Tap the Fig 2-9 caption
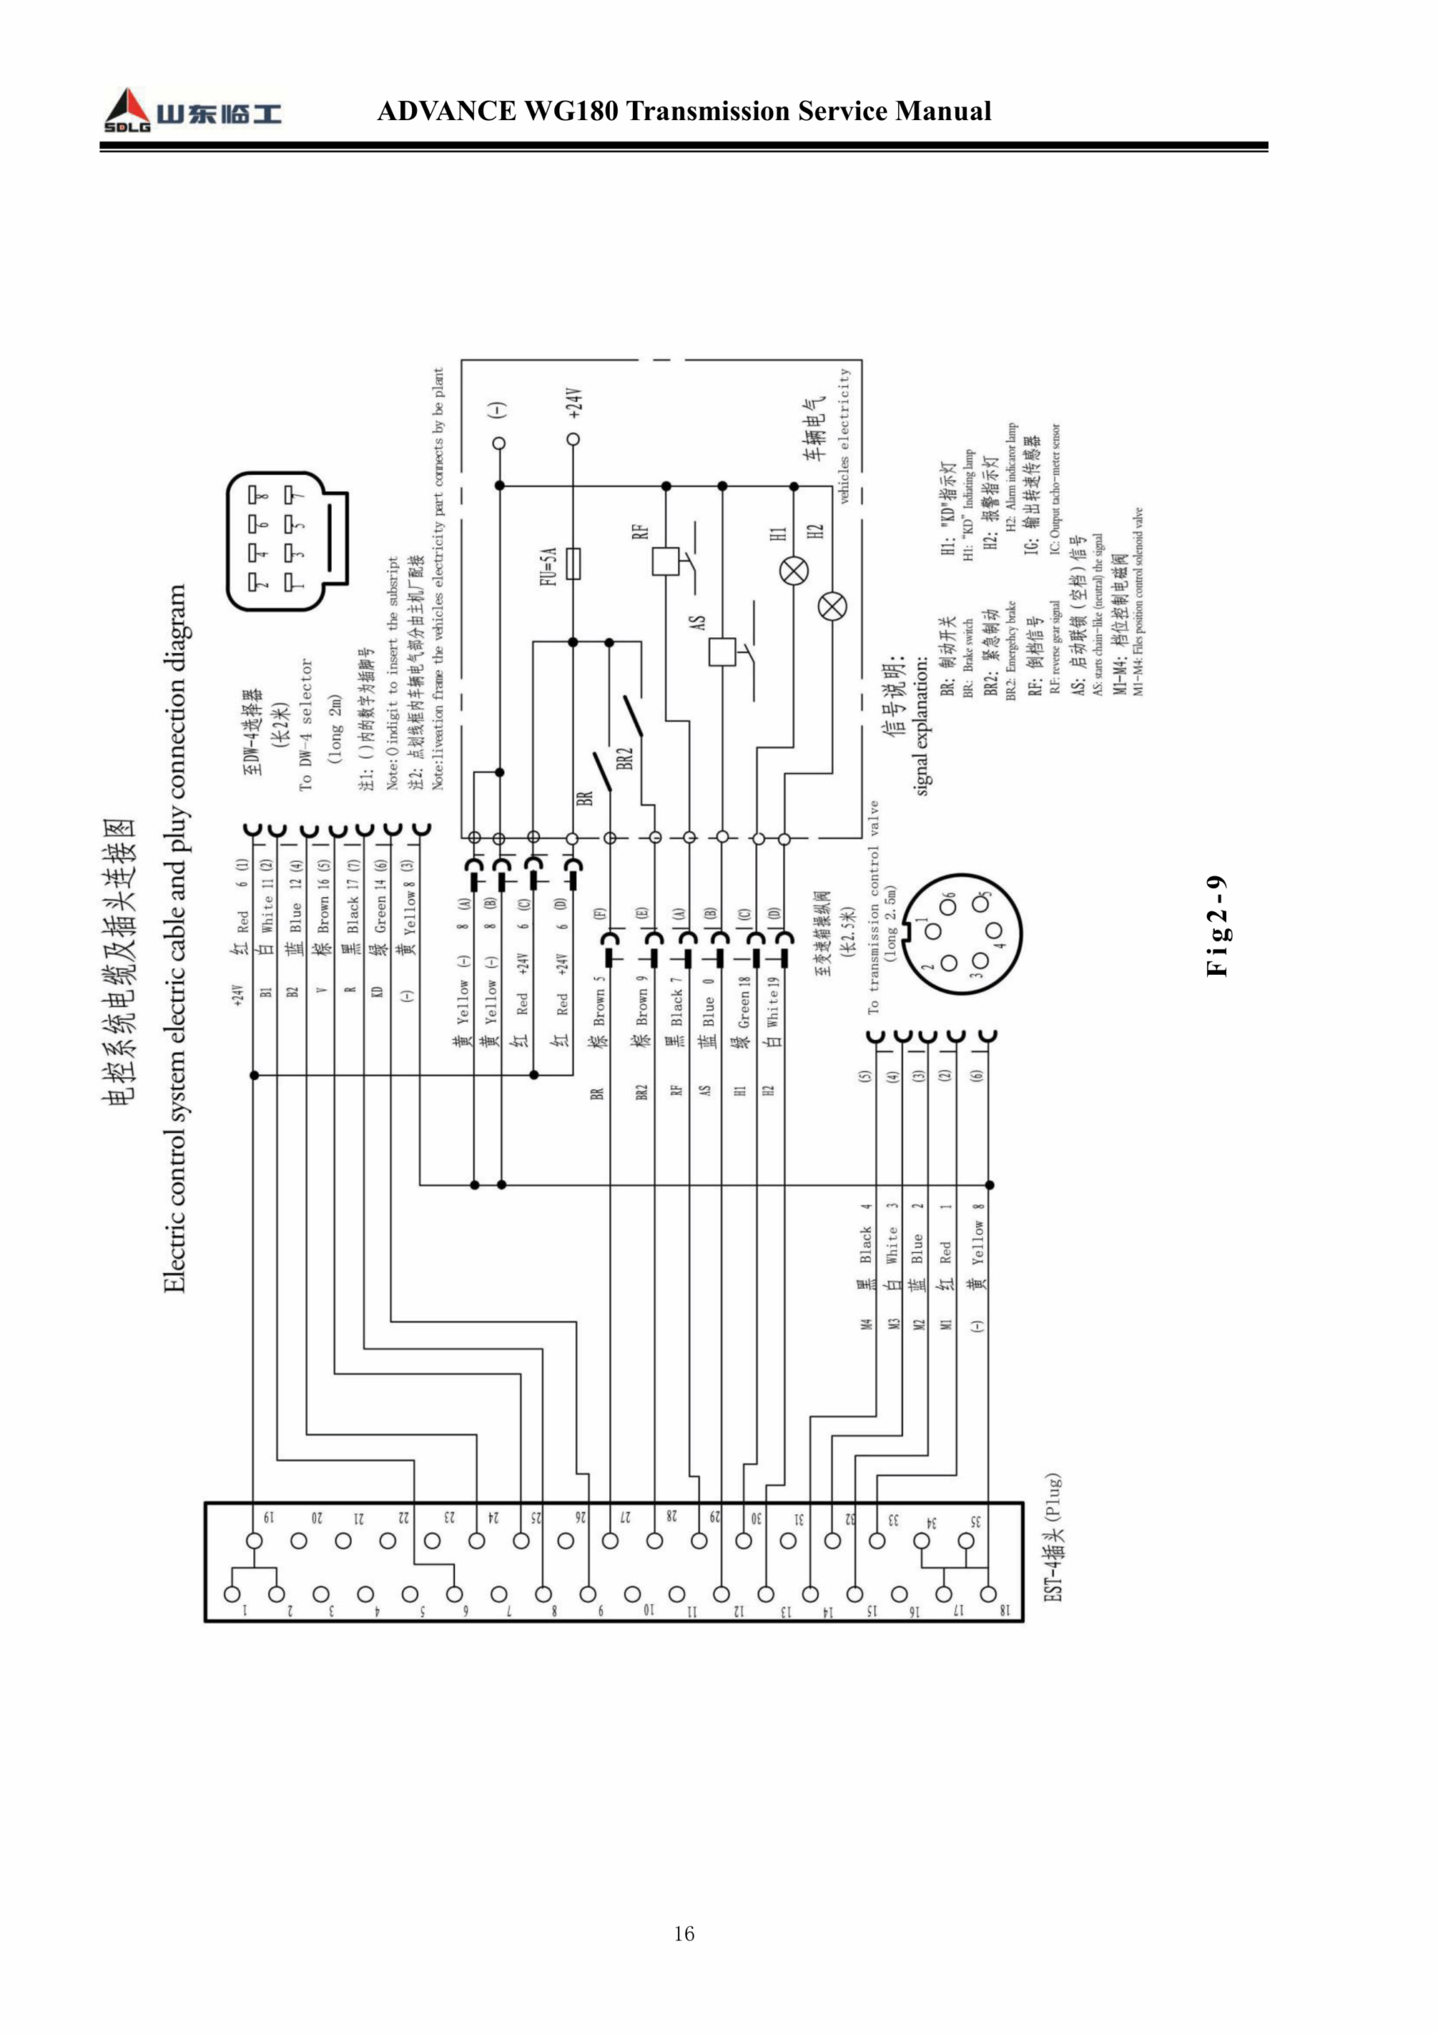pos(1217,926)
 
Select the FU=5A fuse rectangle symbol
pos(574,563)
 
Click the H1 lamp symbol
pos(793,570)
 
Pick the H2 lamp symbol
pos(832,607)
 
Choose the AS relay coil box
pos(723,652)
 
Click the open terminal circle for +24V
pos(573,439)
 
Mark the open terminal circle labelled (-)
pos(499,443)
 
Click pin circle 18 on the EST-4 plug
pos(989,1595)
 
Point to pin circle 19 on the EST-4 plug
pos(254,1541)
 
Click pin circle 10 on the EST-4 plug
pos(632,1595)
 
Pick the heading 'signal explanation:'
pos(922,725)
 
